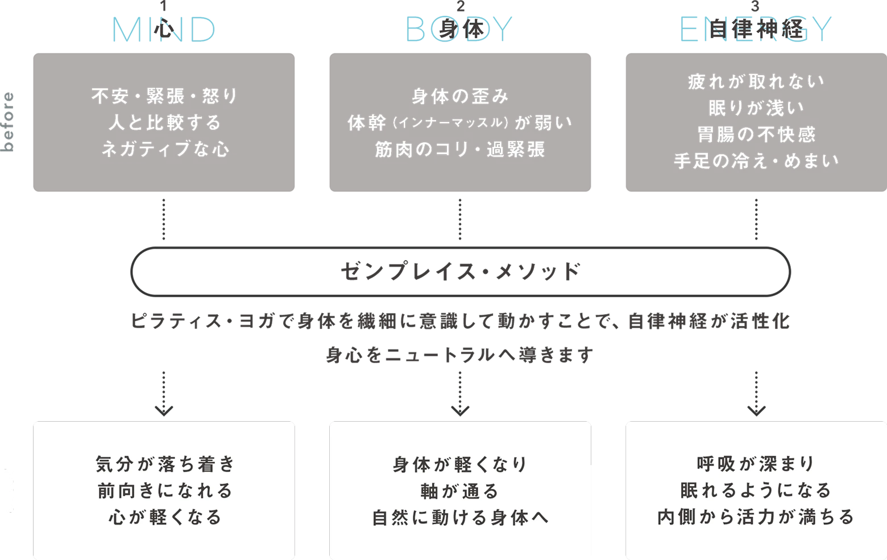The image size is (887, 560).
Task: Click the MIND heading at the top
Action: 164,30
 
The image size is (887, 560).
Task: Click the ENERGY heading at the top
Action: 756,30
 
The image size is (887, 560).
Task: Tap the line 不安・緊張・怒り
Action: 164,96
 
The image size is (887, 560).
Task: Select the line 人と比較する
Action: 164,122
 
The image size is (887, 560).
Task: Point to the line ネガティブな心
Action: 164,149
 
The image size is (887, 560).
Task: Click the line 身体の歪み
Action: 459,96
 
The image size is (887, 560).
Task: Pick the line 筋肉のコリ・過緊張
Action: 459,149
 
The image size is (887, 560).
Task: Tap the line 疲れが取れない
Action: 756,81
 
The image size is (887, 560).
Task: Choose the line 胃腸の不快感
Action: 756,134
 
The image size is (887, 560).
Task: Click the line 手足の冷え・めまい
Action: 756,161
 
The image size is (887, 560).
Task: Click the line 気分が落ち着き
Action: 164,464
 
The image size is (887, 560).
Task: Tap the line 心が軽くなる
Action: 164,517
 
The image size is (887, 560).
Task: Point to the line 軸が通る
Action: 459,491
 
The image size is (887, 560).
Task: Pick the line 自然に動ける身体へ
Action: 459,517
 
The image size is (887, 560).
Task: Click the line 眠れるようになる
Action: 756,490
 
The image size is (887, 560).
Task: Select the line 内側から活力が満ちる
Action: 756,517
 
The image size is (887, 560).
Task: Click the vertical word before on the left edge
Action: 8,122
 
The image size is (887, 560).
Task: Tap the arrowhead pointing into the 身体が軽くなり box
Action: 459,411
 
